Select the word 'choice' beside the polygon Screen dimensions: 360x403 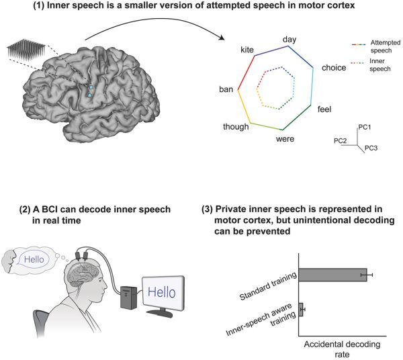[x=333, y=68]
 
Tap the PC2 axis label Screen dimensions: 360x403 [x=341, y=141]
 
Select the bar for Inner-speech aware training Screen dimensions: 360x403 [x=300, y=310]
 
